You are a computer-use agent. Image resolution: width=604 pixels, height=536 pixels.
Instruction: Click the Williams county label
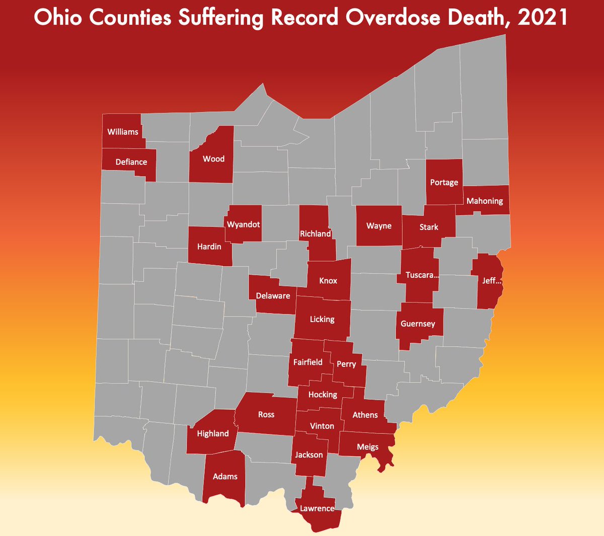click(123, 132)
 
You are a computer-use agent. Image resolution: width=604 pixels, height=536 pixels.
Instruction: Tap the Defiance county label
click(131, 162)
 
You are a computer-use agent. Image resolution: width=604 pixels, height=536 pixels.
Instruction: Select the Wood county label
click(213, 159)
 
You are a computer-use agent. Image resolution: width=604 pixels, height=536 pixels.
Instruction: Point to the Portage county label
click(444, 182)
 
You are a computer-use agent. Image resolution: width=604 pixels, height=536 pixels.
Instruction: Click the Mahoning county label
click(485, 201)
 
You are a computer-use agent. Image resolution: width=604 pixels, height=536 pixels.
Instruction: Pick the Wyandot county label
click(244, 224)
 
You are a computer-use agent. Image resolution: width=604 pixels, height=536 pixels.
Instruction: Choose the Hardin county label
click(209, 247)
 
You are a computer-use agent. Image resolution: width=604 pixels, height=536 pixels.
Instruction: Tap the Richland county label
click(316, 234)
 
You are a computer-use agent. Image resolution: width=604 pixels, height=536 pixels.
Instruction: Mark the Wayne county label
click(379, 226)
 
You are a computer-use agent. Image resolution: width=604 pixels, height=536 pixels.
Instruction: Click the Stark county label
click(429, 227)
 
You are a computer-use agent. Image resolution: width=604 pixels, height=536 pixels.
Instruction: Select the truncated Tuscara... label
click(422, 275)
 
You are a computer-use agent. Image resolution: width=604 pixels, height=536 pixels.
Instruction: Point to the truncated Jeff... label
click(492, 281)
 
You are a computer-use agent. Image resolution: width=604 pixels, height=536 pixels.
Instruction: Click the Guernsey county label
click(418, 324)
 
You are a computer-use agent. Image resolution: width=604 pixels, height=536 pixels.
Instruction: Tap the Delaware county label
click(273, 296)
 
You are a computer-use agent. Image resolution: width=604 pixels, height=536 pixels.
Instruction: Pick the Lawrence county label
click(317, 508)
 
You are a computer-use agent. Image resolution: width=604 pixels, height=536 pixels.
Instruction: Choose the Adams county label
click(225, 477)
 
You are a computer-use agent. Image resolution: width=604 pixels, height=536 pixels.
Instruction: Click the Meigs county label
click(367, 447)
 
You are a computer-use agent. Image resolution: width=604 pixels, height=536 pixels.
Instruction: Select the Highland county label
click(213, 434)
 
